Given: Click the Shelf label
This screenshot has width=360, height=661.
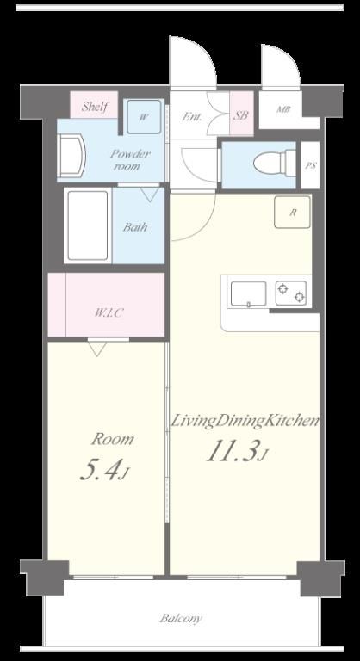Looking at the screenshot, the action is click(x=96, y=106).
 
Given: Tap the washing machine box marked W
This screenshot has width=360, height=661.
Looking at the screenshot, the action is click(x=145, y=117).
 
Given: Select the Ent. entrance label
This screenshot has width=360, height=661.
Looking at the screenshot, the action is click(x=192, y=116).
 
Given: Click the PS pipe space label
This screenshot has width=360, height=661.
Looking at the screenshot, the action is click(x=311, y=165).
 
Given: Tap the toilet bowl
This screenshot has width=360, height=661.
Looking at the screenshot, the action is click(x=275, y=163).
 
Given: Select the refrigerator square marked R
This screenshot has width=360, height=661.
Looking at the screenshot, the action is click(x=293, y=212).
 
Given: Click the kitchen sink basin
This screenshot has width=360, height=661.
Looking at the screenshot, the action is click(x=249, y=293).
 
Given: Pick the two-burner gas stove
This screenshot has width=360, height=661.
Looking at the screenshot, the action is click(x=291, y=293).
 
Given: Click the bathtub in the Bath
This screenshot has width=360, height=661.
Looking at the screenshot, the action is click(x=88, y=225).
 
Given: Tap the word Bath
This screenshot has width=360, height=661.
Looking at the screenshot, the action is click(x=135, y=227).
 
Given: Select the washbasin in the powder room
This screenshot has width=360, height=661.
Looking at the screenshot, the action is click(x=71, y=156).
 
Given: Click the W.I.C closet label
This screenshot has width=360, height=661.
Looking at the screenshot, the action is click(x=109, y=312).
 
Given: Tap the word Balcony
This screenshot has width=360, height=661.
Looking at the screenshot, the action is click(x=181, y=619).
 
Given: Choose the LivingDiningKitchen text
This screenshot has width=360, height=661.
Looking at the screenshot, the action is click(x=244, y=421).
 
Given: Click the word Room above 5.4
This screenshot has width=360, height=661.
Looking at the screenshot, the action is click(x=113, y=439).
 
